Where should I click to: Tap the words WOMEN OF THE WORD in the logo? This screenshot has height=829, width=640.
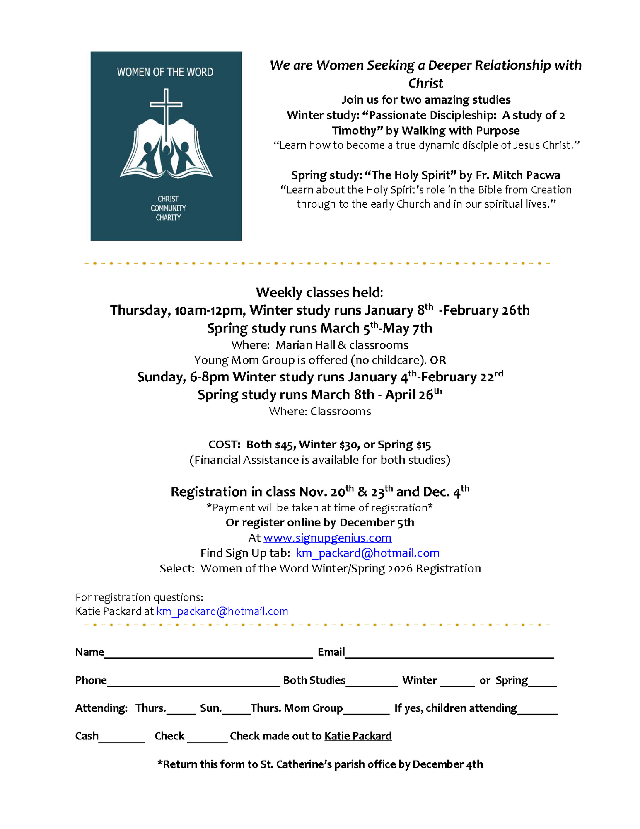(x=165, y=72)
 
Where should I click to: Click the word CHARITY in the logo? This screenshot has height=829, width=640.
(x=168, y=218)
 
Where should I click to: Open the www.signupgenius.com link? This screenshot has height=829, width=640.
(x=327, y=538)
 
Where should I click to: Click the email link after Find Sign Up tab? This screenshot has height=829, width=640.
(x=367, y=553)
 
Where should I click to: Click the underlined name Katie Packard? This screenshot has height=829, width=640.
(x=358, y=736)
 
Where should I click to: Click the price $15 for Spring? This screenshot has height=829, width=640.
(x=423, y=445)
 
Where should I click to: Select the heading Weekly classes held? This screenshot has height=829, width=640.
(x=319, y=292)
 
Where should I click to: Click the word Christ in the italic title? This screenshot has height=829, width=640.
(x=425, y=83)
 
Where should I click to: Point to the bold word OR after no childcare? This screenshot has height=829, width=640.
(x=438, y=360)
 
